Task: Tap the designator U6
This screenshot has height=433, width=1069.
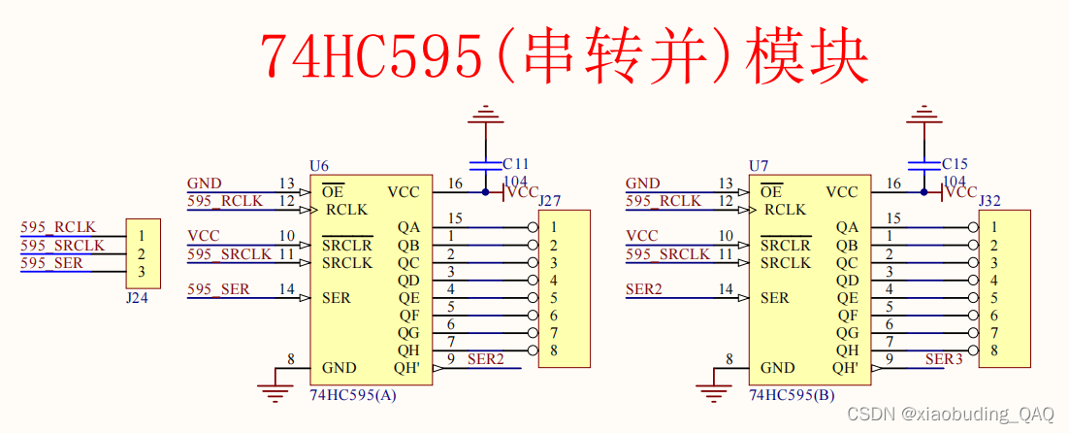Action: [x=318, y=167]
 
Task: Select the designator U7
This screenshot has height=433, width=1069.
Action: [x=758, y=167]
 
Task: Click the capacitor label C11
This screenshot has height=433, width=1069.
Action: [x=516, y=164]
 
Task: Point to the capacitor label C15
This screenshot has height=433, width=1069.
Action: [x=955, y=164]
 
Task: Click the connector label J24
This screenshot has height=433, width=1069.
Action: [x=137, y=298]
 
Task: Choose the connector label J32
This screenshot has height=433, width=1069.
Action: [x=990, y=201]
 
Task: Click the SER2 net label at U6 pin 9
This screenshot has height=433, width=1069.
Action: [x=486, y=359]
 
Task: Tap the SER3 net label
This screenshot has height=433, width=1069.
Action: [x=944, y=359]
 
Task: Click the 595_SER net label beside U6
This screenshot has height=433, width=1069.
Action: [x=218, y=289]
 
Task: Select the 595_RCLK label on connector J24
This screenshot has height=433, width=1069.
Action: [x=58, y=228]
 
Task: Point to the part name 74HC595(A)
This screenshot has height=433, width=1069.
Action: [x=353, y=396]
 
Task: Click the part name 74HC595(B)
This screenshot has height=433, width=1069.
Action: [x=792, y=396]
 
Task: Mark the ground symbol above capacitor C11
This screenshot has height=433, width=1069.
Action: [x=483, y=119]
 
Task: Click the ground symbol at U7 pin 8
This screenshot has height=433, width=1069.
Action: [x=715, y=392]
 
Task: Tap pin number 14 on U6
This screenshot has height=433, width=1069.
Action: [x=286, y=289]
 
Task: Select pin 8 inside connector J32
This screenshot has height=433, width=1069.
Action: [x=994, y=350]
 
